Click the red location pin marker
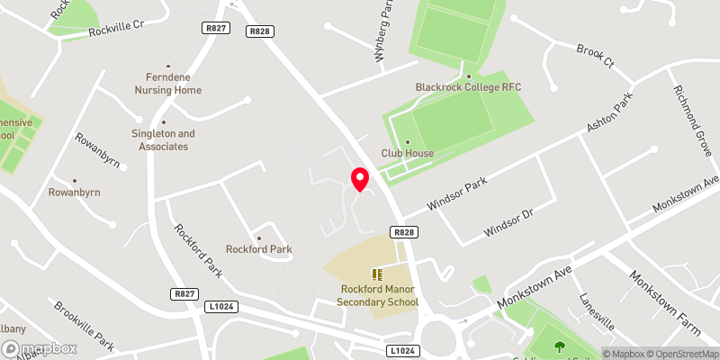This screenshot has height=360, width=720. click(360, 179)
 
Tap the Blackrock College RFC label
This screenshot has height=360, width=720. click(468, 87)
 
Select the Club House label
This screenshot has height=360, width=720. click(407, 153)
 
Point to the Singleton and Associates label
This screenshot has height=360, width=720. click(163, 139)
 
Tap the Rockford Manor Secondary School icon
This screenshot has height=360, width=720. click(378, 274)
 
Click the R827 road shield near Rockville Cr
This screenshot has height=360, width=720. click(216, 29)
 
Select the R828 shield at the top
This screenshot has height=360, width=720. click(260, 31)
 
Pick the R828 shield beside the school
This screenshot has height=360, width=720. click(404, 232)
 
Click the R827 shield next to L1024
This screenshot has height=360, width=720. click(184, 294)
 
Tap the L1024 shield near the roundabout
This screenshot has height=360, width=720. click(402, 349)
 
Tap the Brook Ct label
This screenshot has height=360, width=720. click(595, 58)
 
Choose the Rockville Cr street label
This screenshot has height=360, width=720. click(116, 29)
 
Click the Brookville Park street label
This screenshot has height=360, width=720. click(83, 325)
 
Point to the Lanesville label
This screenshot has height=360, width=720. click(596, 311)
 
